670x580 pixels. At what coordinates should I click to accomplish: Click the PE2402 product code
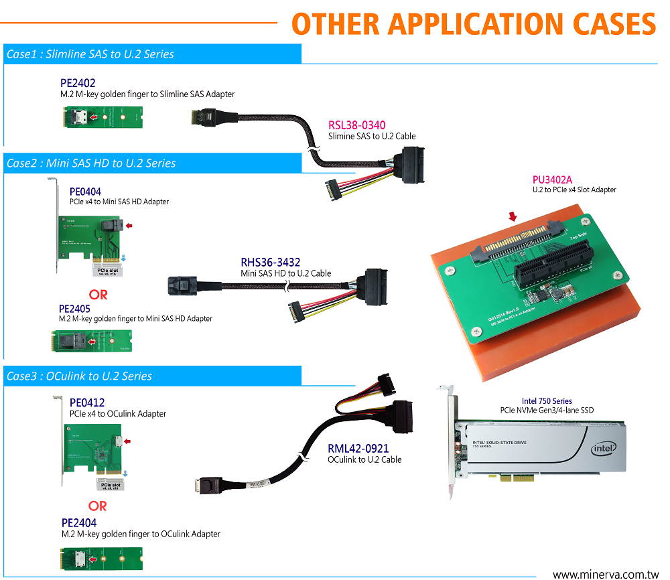click(78, 83)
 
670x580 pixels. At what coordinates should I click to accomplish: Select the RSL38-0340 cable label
click(356, 125)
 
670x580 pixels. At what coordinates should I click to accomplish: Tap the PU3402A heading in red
click(553, 179)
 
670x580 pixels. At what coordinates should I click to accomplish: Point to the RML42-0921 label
click(358, 447)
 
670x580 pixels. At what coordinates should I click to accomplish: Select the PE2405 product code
click(74, 308)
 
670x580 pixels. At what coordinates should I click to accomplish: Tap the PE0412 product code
click(87, 402)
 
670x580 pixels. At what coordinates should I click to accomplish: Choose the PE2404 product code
click(79, 522)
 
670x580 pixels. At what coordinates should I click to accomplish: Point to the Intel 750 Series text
click(546, 401)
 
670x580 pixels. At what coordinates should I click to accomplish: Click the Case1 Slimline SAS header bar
click(151, 54)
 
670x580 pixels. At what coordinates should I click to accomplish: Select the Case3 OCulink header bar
click(151, 376)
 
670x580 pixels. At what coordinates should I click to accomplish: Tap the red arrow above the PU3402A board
click(513, 216)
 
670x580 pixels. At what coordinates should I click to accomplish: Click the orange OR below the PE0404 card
click(98, 294)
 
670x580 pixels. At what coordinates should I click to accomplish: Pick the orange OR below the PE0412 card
click(98, 506)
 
